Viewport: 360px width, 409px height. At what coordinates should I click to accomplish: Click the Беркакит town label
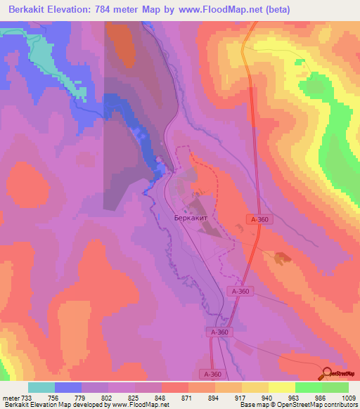tap(190, 218)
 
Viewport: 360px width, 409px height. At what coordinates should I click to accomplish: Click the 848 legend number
tap(162, 398)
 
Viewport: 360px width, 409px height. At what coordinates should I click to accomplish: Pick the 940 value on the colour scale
tap(268, 398)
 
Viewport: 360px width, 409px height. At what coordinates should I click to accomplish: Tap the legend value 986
tap(321, 398)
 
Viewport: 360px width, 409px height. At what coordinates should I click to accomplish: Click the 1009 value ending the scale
tap(349, 398)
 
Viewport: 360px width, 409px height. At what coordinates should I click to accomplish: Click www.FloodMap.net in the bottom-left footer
tap(137, 405)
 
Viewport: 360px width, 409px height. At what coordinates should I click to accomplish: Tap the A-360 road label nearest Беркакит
tap(259, 220)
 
